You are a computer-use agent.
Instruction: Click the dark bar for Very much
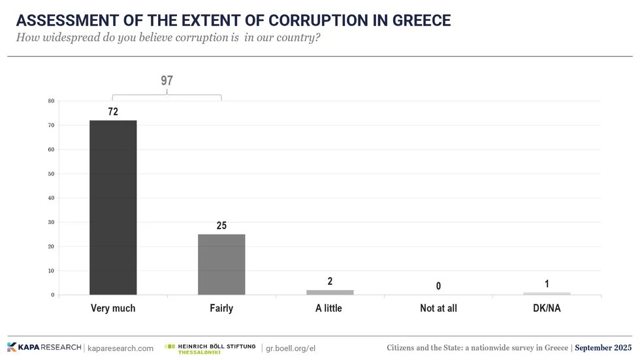[x=113, y=207]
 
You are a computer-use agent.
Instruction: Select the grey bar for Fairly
[x=221, y=264]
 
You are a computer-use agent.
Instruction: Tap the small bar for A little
[x=330, y=292]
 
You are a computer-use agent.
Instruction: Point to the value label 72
[x=113, y=112]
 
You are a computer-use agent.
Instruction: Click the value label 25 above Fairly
[x=221, y=225]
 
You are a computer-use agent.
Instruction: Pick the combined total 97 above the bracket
[x=167, y=81]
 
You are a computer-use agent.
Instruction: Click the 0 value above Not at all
[x=438, y=286]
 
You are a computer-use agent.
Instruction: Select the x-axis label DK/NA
[x=547, y=308]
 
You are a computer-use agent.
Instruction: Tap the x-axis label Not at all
[x=438, y=308]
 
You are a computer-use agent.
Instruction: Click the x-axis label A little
[x=330, y=308]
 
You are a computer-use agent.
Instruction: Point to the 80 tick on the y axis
[x=51, y=101]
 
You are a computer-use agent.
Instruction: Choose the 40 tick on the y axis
[x=51, y=198]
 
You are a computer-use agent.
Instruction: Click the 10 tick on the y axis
[x=51, y=270]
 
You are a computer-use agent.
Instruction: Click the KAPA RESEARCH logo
[x=44, y=348]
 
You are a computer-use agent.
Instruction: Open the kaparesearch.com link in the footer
[x=120, y=348]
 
